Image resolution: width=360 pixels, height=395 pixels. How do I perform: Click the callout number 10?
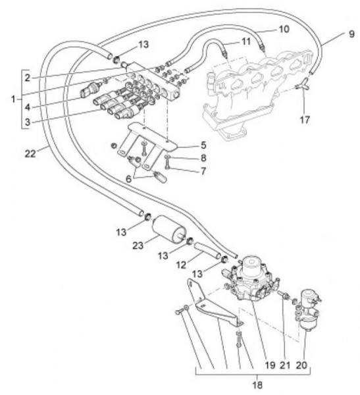point(284,29)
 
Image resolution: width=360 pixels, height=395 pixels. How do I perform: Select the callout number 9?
point(351,34)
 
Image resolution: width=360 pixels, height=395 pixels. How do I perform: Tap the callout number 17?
point(305,120)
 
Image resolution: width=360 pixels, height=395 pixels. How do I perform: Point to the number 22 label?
point(30,153)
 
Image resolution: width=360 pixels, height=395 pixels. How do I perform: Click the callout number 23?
point(138,245)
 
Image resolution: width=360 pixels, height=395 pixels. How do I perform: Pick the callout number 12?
point(182,265)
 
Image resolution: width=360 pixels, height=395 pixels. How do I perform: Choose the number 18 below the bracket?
point(257,385)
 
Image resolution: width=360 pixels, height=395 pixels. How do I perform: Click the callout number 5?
point(203,145)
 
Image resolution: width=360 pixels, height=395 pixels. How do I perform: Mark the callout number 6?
point(128,179)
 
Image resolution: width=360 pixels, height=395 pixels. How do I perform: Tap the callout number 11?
point(245,41)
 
